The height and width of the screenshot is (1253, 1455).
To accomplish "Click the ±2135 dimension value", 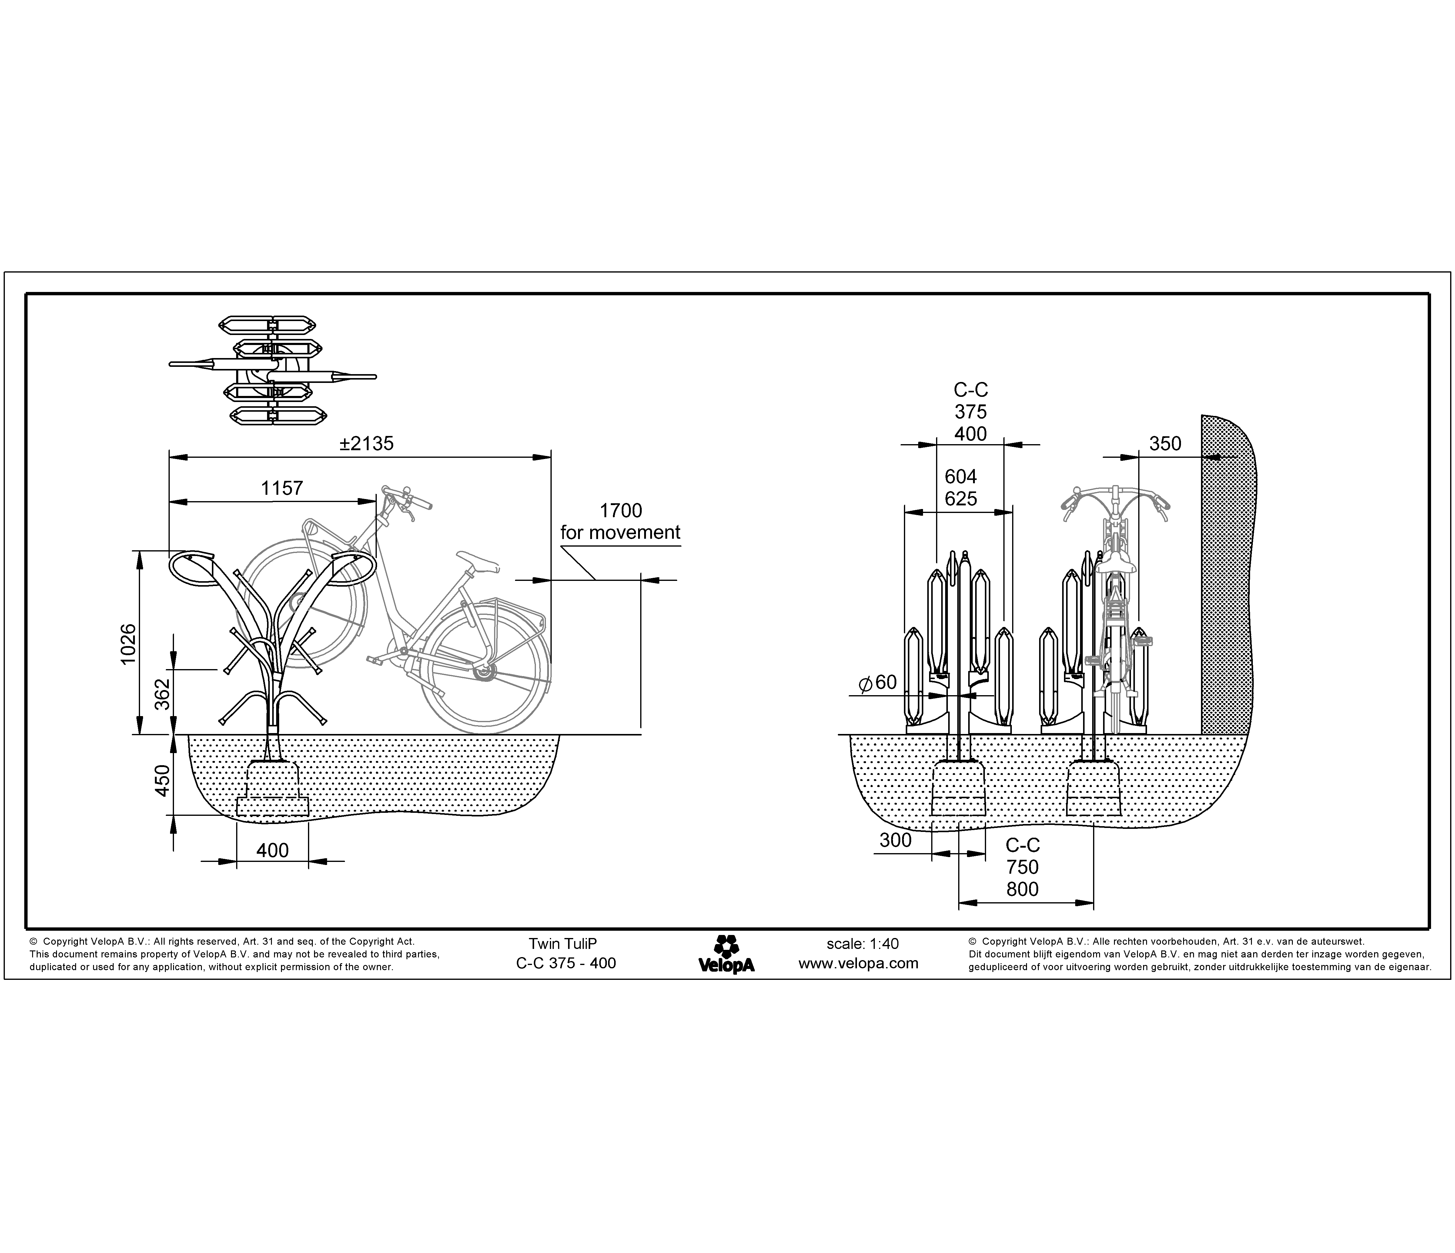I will pos(366,444).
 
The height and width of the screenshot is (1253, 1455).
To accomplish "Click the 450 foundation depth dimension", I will pos(162,780).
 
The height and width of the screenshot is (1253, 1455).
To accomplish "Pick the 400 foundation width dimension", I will pos(273,851).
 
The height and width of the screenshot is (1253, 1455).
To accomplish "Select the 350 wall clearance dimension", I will pos(1165,444).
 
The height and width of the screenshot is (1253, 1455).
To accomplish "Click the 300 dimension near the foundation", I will pos(895,840).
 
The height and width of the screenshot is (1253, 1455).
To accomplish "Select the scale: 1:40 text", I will pos(862,944).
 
